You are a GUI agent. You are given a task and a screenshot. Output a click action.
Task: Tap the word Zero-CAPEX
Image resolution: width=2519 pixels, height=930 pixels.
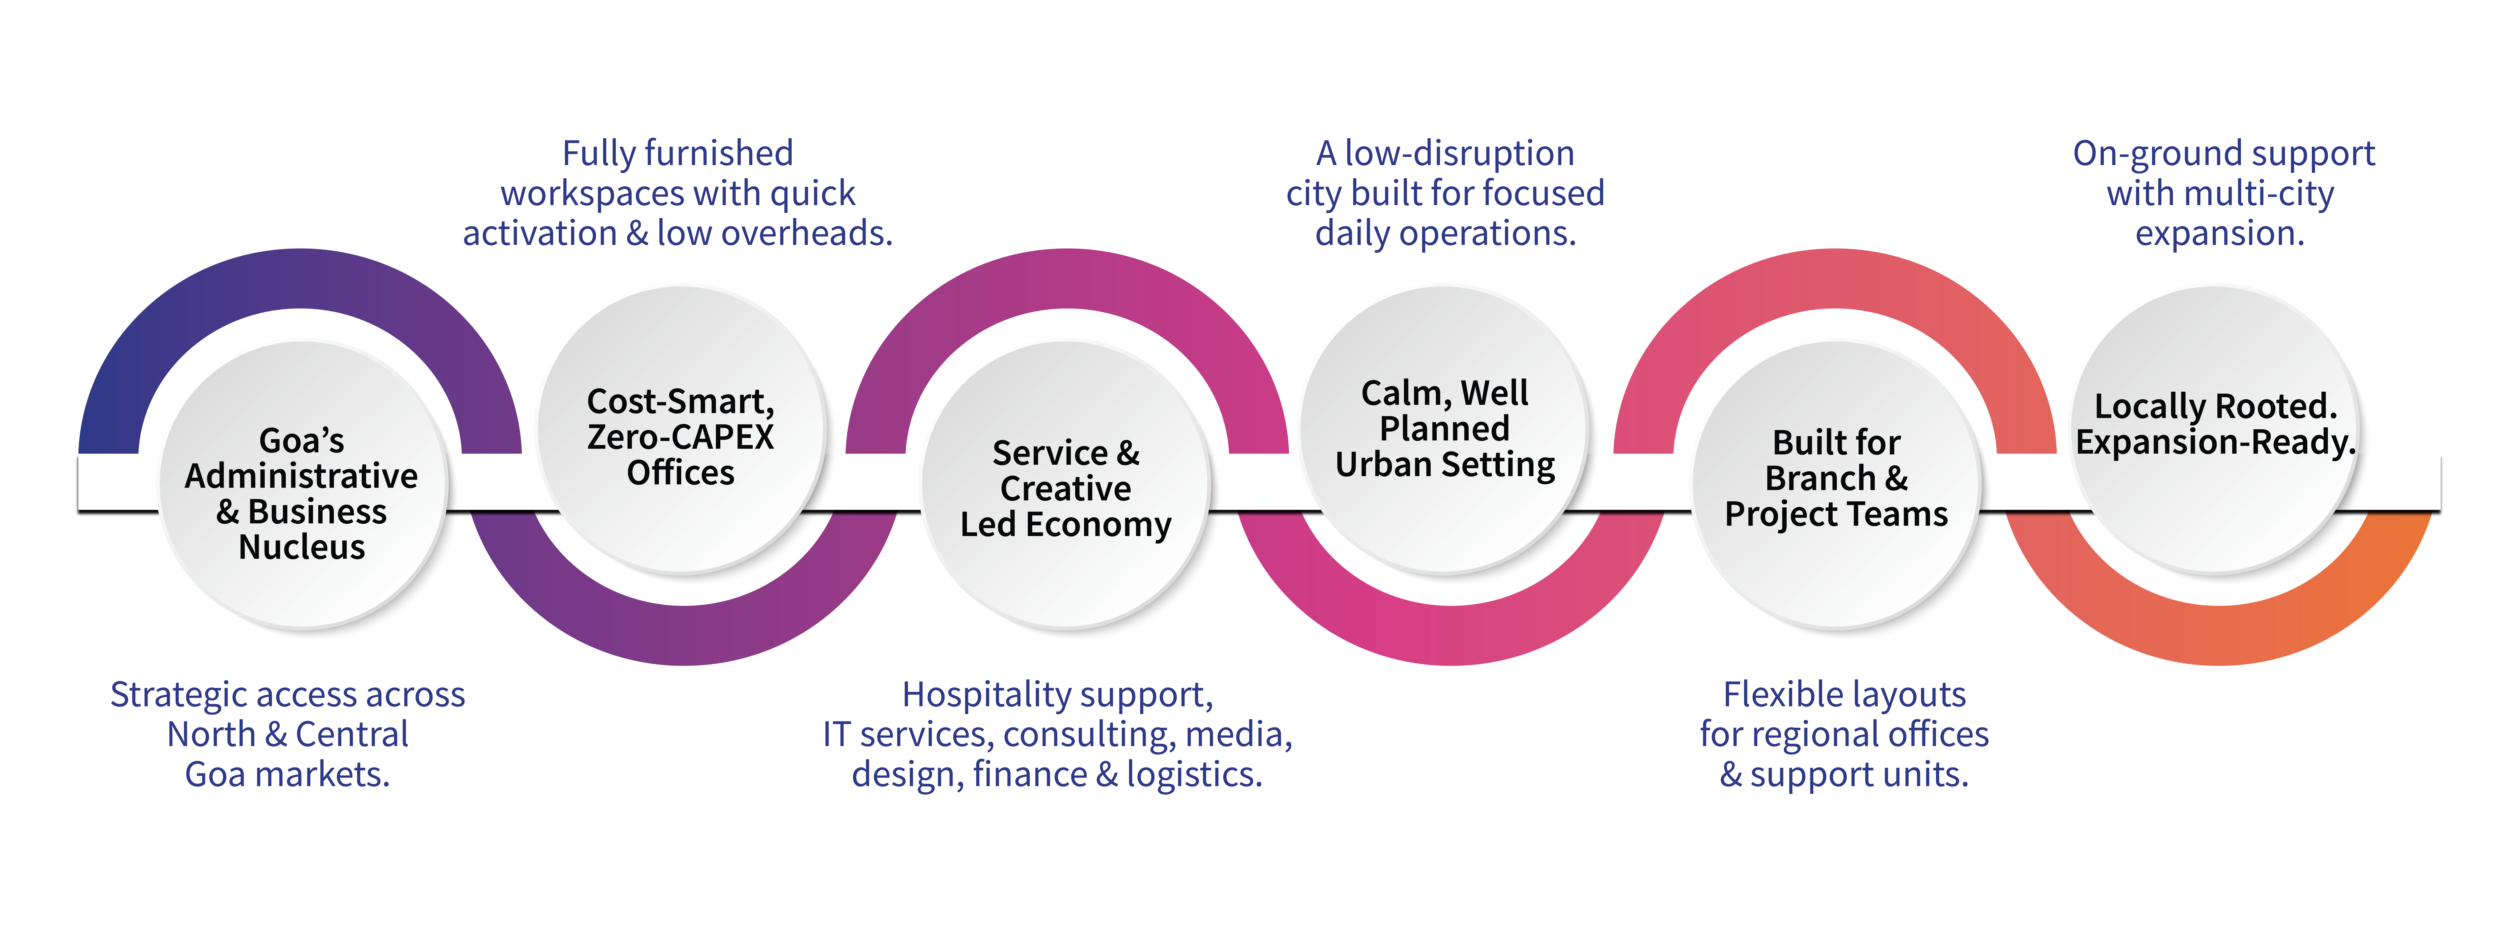[681, 437]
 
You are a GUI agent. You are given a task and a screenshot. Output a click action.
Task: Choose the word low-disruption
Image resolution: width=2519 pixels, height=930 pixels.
[1459, 153]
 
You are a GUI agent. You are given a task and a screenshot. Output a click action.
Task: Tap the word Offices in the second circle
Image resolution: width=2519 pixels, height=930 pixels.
[681, 473]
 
